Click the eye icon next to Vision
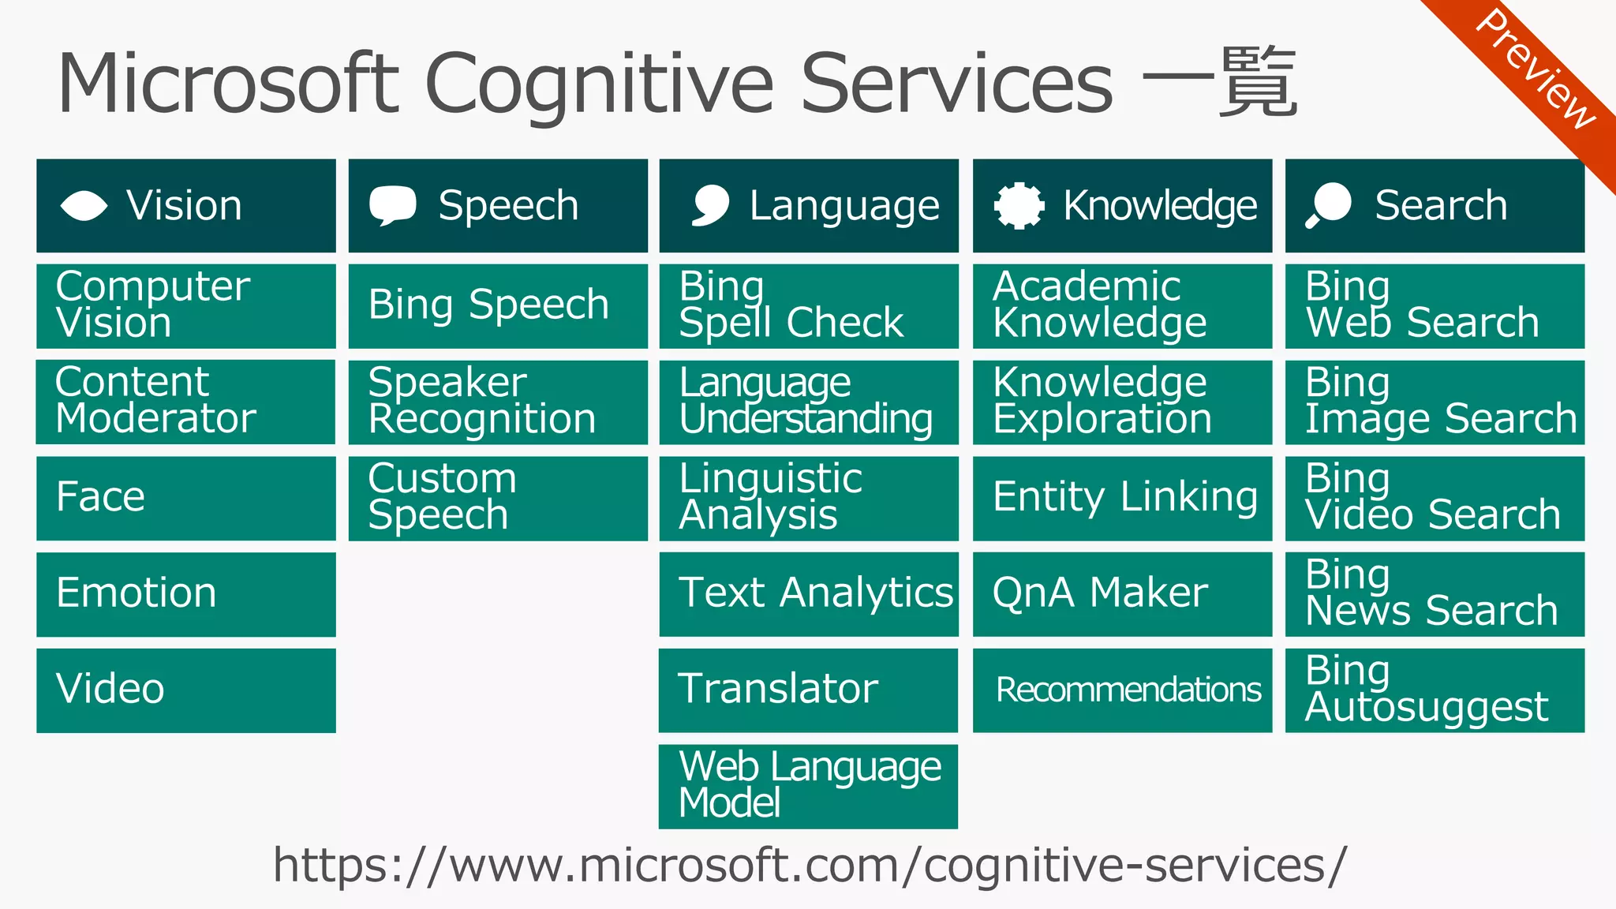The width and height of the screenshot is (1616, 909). click(x=84, y=206)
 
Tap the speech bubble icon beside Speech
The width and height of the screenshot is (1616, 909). click(x=392, y=205)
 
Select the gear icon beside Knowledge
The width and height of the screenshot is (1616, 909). click(x=1019, y=206)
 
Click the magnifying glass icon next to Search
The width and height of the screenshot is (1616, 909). click(x=1329, y=205)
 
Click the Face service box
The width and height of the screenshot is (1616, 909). click(x=186, y=498)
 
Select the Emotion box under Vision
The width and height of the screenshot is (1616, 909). click(x=186, y=594)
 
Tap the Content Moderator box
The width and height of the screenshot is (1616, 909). click(x=186, y=402)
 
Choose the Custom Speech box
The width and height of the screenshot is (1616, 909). click(x=498, y=498)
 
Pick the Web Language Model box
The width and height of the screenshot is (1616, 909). click(x=809, y=786)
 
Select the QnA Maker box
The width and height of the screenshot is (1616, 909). click(x=1122, y=594)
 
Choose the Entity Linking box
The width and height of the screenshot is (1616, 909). click(x=1122, y=498)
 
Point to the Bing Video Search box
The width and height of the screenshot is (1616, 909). click(x=1435, y=498)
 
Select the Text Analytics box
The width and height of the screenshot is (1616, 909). click(x=809, y=594)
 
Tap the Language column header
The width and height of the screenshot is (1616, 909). click(x=809, y=206)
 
